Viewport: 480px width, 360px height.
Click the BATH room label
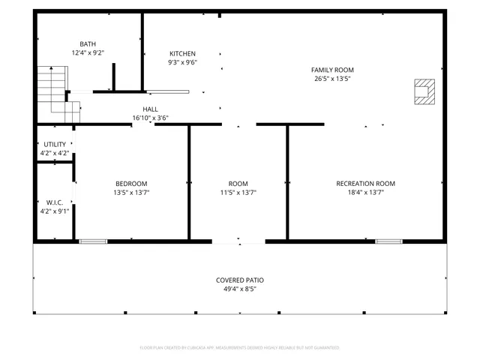(88, 44)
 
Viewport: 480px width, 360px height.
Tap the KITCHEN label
(182, 54)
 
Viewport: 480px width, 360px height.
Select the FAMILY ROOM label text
(333, 70)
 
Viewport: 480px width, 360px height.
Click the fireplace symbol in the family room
(424, 91)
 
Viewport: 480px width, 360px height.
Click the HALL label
(150, 109)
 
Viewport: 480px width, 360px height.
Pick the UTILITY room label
(55, 144)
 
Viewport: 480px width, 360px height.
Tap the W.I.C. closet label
(55, 202)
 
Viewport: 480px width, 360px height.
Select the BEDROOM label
(131, 184)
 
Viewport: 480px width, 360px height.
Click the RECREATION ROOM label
(365, 184)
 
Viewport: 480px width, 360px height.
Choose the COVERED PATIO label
(240, 280)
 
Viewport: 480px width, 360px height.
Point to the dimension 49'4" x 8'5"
(240, 289)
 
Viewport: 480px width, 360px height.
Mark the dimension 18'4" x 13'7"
(365, 193)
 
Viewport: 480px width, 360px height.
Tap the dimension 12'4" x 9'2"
(88, 53)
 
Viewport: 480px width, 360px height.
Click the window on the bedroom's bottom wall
(93, 241)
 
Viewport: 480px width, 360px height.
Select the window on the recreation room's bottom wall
(388, 241)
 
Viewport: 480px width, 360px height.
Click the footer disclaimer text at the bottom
(240, 348)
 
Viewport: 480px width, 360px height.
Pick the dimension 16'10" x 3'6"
(150, 118)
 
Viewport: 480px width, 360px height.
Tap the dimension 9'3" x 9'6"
(182, 63)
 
